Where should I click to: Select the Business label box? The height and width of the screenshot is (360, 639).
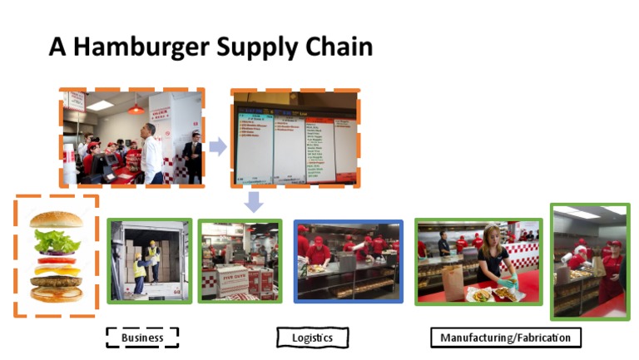coord(142,338)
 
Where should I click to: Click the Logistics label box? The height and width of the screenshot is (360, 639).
coord(312,338)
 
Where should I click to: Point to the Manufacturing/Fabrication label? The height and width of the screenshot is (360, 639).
coord(505,338)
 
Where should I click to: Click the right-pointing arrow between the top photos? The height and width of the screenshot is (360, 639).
coord(217,147)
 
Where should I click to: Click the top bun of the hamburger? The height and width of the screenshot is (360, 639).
coord(56,219)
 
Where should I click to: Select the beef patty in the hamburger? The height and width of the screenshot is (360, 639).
coord(56,281)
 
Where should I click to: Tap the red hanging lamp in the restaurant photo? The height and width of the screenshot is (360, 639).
coord(136,108)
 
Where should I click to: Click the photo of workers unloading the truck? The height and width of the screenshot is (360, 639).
coord(150,260)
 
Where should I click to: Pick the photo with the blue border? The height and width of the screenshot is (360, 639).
coord(348,260)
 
